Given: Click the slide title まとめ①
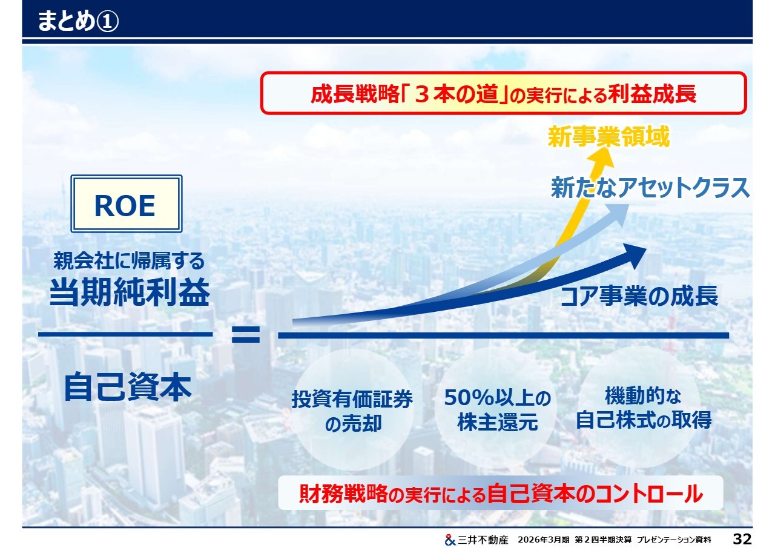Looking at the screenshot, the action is [78, 21].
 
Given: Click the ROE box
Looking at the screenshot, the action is [127, 203].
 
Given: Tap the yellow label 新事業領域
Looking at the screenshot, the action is [608, 137].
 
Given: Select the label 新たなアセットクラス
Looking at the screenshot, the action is [650, 187].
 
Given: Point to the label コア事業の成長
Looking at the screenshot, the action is [639, 295].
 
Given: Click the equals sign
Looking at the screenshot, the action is [246, 334].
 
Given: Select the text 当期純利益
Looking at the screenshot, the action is [130, 292].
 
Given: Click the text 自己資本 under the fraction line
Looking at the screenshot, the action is [128, 386].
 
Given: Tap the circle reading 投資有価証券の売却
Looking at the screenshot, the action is [352, 410].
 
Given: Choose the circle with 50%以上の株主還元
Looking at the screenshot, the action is [497, 409].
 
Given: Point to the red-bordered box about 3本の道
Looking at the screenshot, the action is [503, 93].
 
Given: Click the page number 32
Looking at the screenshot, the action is [742, 539].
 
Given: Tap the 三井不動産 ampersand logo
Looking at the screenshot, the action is [450, 540].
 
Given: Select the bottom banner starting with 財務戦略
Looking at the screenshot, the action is [501, 493].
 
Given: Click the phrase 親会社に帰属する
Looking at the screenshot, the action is [129, 260].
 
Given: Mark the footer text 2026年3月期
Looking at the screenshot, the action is [544, 540].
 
